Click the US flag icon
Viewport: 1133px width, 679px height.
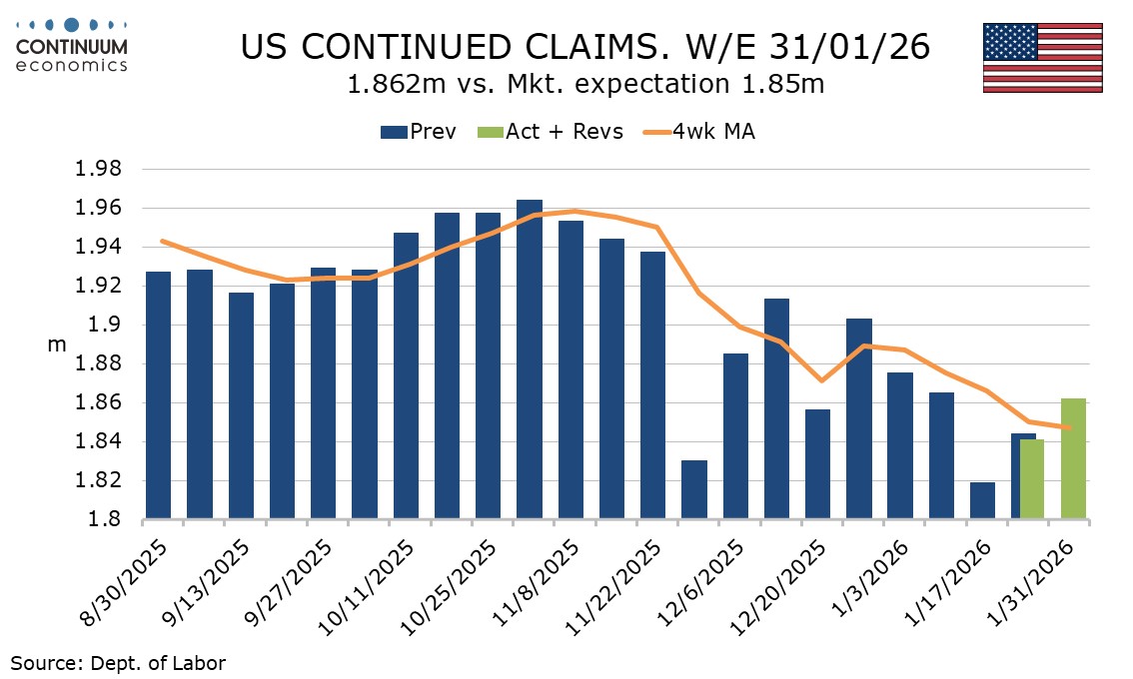(x=1042, y=58)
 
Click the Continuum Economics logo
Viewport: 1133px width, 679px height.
(x=72, y=45)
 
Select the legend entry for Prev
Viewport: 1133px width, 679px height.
(x=418, y=132)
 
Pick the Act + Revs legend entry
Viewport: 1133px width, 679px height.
(x=551, y=132)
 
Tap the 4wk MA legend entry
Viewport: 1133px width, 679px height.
(x=697, y=132)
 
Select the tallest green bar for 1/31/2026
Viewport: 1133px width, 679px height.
(x=1073, y=459)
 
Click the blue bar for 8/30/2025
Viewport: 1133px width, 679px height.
(x=159, y=395)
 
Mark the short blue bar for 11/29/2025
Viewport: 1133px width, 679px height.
(x=694, y=490)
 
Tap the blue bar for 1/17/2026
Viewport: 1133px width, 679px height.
(x=982, y=500)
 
